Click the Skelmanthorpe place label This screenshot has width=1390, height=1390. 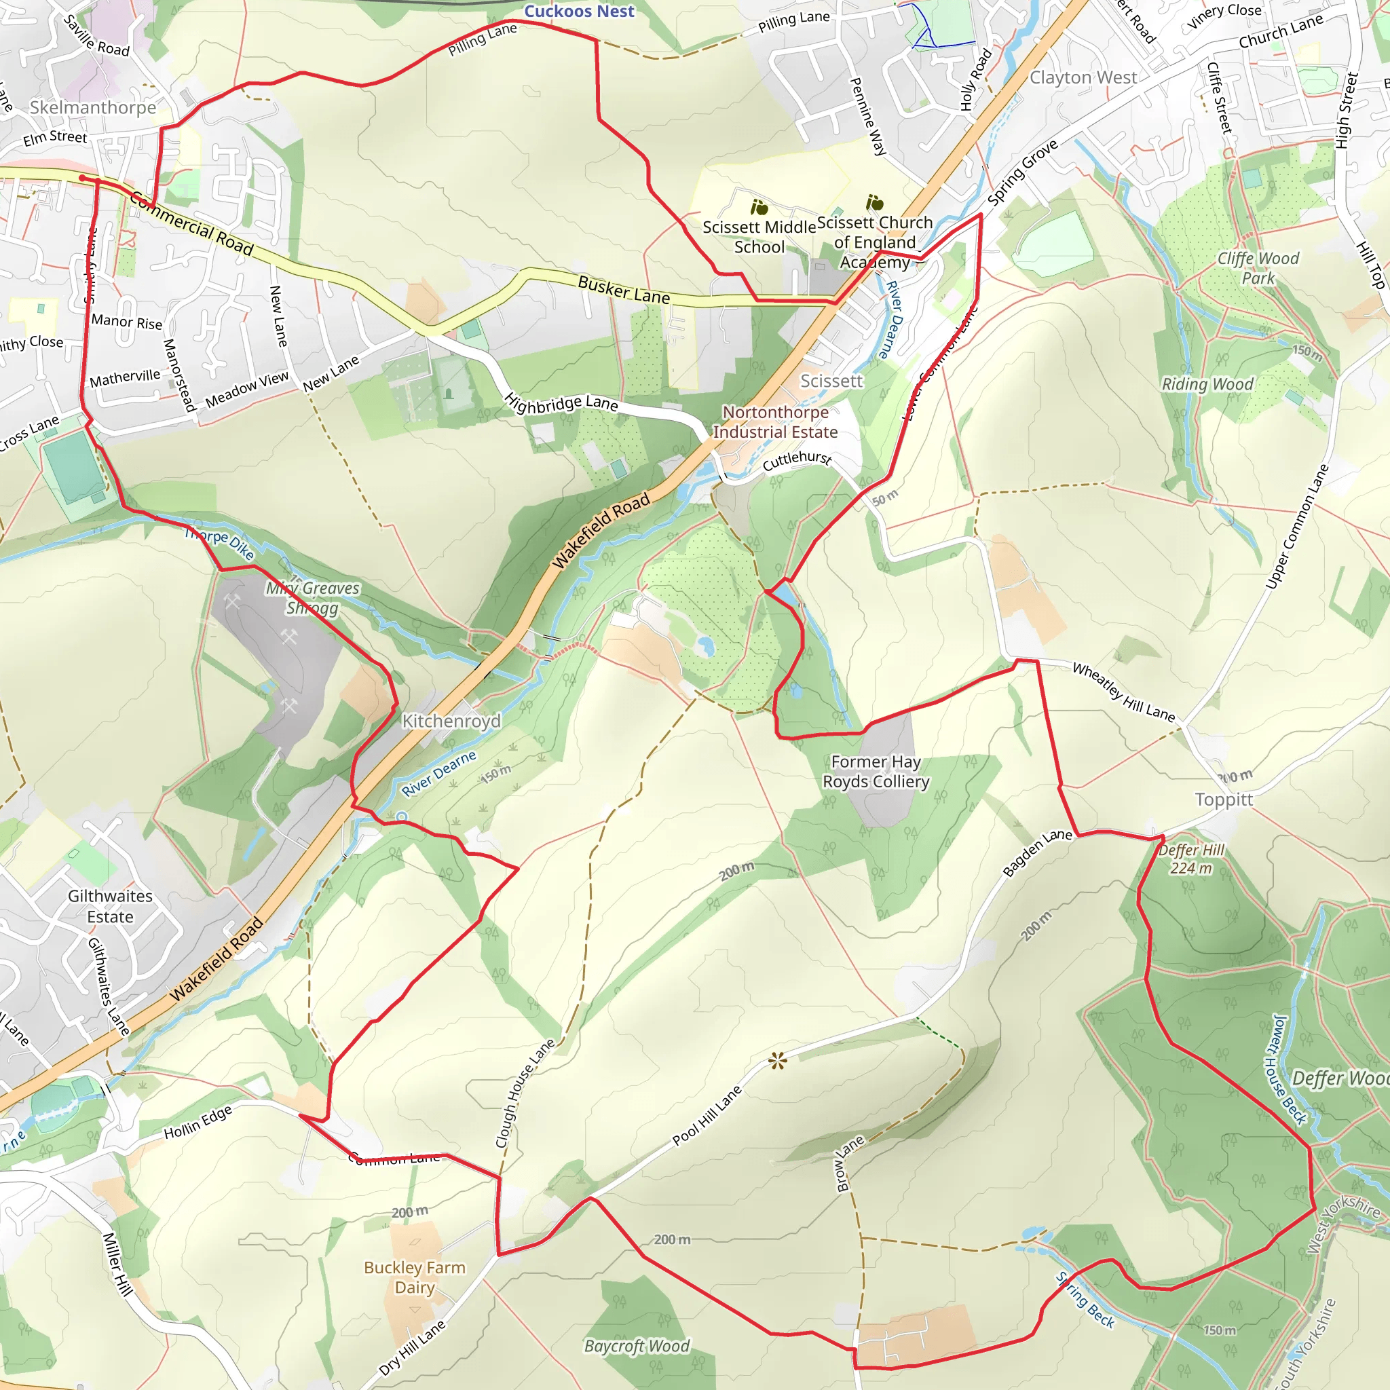point(93,107)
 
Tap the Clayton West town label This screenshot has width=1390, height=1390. point(1083,77)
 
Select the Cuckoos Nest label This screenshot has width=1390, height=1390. point(578,11)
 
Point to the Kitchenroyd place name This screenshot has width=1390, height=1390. point(451,720)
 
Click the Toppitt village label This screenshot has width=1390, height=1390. point(1223,800)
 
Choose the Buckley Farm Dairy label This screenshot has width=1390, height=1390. point(415,1277)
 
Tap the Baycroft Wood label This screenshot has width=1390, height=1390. point(636,1345)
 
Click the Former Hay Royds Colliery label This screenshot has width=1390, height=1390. point(876,771)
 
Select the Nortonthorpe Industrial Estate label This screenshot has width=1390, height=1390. point(775,421)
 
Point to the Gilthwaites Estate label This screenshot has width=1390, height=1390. point(110,906)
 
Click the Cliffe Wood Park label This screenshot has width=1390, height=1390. point(1258,267)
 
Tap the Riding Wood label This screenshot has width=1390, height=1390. point(1207,383)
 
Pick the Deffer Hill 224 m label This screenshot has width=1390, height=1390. point(1190,859)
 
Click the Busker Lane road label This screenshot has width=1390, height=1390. point(623,290)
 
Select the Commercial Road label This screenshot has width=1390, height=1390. point(191,225)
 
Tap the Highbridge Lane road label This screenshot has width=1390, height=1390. point(561,403)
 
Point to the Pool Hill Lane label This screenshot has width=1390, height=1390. point(707,1116)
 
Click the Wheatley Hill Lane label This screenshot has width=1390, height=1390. point(1123,692)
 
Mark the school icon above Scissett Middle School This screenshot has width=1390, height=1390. point(759,208)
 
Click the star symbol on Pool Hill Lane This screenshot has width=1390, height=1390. point(777,1061)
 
